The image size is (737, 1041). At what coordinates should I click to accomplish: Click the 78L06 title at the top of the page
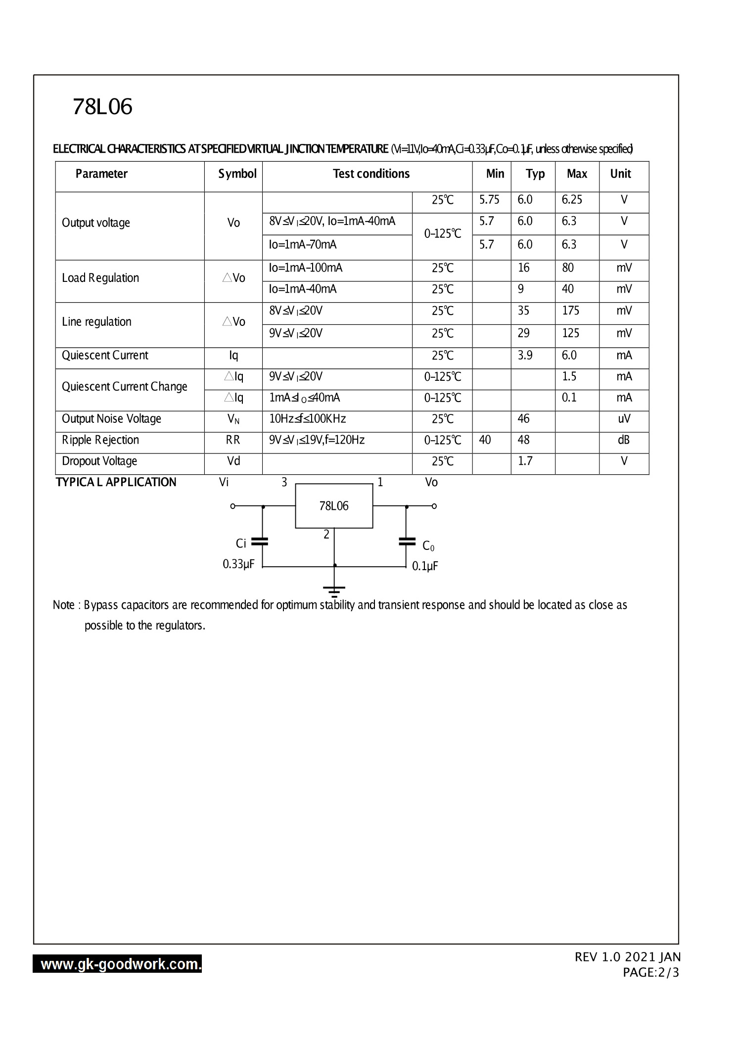[x=102, y=107]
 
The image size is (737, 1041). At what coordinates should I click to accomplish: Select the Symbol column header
[x=237, y=174]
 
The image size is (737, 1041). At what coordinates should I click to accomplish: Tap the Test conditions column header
[x=371, y=174]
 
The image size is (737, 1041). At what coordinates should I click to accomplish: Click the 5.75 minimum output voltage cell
[x=489, y=200]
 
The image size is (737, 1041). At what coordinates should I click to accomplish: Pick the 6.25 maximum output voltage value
[x=572, y=200]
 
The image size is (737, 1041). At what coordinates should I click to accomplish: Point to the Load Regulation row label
[x=100, y=278]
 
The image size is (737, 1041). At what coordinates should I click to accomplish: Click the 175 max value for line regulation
[x=570, y=311]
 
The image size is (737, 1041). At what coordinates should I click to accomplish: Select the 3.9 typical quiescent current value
[x=525, y=355]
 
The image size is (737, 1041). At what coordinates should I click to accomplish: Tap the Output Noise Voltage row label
[x=111, y=419]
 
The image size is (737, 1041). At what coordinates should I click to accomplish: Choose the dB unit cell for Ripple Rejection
[x=624, y=440]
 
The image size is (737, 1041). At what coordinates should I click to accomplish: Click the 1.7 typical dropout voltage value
[x=525, y=461]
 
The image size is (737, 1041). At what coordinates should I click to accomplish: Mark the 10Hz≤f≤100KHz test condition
[x=307, y=419]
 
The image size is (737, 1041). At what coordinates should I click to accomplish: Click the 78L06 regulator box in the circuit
[x=334, y=506]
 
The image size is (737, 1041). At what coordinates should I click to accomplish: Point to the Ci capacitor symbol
[x=260, y=542]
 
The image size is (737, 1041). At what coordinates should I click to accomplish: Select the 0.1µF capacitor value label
[x=425, y=566]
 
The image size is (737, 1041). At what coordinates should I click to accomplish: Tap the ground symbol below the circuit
[x=334, y=590]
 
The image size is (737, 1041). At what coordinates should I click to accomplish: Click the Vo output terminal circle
[x=434, y=506]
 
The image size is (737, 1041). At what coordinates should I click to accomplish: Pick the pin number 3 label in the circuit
[x=284, y=482]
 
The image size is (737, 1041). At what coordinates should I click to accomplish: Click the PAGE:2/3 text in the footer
[x=651, y=973]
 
